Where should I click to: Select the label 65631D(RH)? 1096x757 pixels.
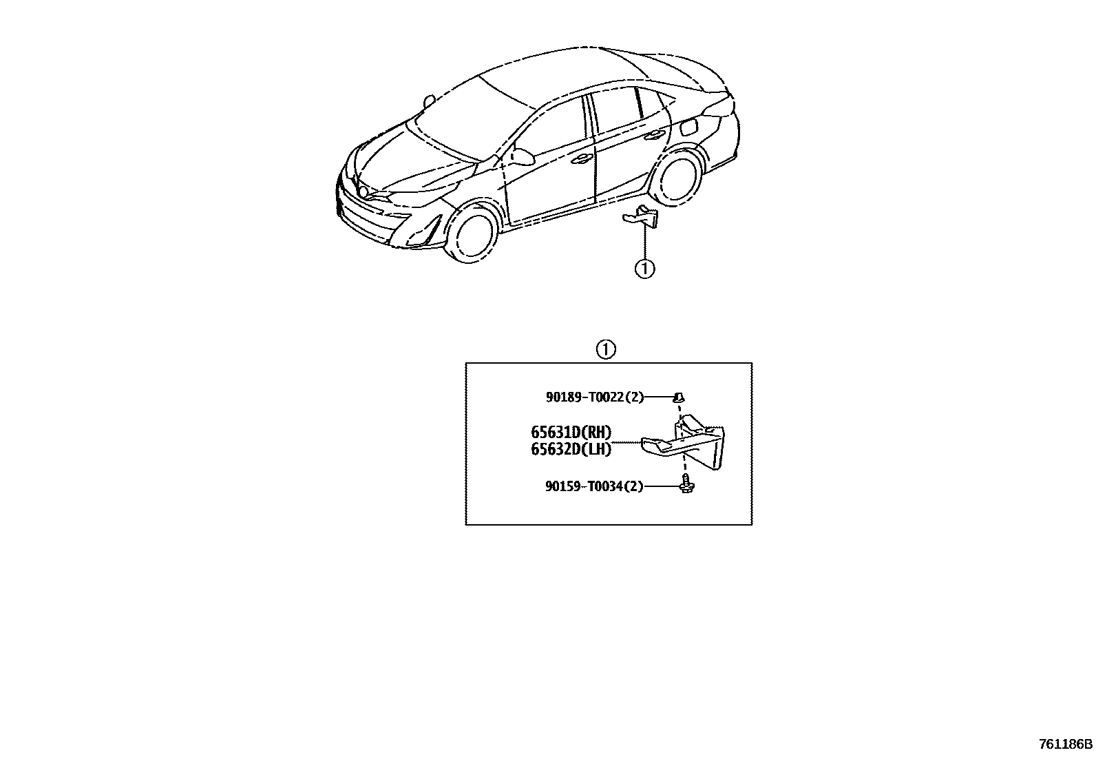point(571,433)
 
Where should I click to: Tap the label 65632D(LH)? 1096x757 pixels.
point(571,449)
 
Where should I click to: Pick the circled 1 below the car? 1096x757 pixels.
point(644,269)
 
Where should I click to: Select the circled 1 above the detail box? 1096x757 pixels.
point(605,350)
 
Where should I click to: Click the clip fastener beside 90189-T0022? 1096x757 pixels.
point(679,397)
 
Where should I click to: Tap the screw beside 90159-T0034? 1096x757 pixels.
point(686,484)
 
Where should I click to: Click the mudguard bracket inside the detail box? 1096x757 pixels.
point(688,444)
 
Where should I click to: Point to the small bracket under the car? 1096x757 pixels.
point(642,217)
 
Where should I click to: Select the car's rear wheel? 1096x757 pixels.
point(677,176)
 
